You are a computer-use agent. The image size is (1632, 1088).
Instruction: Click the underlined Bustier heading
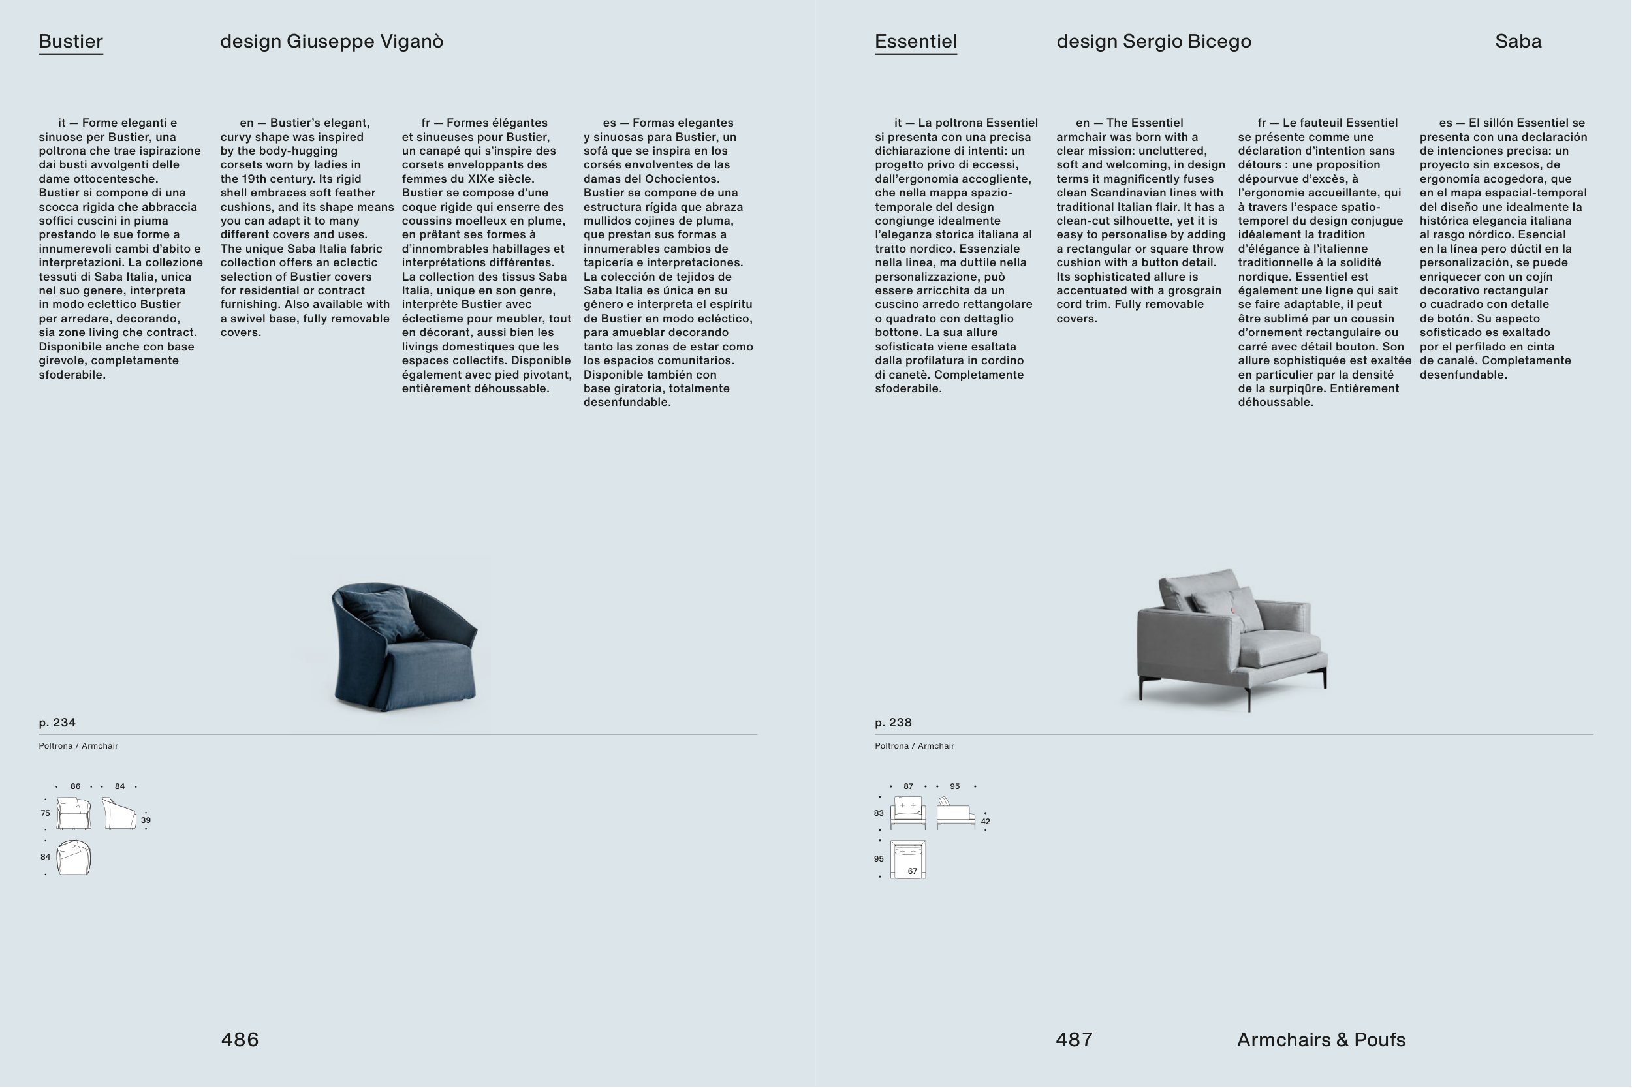(71, 42)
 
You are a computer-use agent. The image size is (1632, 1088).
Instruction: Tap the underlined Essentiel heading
(916, 42)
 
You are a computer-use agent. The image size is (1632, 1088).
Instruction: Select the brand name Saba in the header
(1518, 42)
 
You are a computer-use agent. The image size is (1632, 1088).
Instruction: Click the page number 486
(240, 1040)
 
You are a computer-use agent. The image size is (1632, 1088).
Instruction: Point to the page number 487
(1074, 1040)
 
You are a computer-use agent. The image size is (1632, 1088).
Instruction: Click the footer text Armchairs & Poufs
(1321, 1040)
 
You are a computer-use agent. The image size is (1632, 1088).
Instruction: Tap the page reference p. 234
(57, 723)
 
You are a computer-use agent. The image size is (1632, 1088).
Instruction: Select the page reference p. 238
(893, 723)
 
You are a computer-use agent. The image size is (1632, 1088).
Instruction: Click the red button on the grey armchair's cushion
(1234, 611)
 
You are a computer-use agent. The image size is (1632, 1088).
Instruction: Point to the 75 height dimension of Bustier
(45, 813)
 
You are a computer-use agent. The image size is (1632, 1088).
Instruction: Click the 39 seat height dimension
(146, 820)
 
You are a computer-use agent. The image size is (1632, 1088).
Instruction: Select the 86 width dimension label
(75, 786)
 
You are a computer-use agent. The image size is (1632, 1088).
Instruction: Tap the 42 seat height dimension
(985, 822)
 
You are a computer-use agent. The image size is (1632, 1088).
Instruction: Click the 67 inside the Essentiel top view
(913, 871)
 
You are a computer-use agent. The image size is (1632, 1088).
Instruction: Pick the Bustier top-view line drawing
(74, 857)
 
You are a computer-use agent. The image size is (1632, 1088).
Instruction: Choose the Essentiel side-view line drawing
(956, 813)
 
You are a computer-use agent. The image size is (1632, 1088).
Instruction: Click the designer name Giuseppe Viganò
(365, 42)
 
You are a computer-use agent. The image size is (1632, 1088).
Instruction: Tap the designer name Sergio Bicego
(1187, 42)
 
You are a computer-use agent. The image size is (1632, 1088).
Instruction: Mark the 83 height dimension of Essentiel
(879, 813)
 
